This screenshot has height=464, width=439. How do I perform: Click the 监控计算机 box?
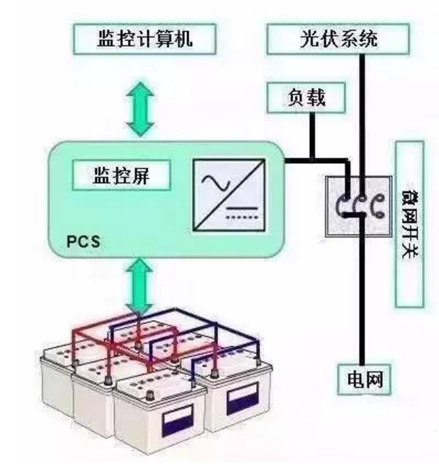click(x=145, y=40)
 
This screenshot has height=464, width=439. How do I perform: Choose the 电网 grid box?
click(x=364, y=379)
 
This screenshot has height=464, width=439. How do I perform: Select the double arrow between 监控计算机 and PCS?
click(x=141, y=106)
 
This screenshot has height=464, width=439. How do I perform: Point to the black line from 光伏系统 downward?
click(x=362, y=112)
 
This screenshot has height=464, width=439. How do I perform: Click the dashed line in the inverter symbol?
click(x=242, y=215)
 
